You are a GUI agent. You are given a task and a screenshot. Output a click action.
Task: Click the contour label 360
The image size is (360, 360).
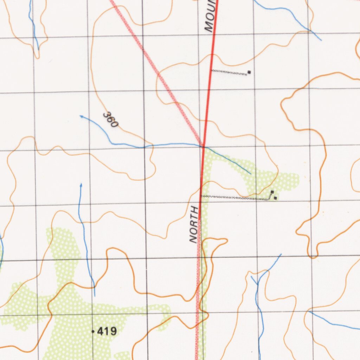(111, 120)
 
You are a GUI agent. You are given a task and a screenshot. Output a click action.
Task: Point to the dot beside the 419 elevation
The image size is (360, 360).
(93, 332)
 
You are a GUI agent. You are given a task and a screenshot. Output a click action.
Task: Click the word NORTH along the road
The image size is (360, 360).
(194, 225)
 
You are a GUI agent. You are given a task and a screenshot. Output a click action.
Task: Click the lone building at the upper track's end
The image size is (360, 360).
(249, 72)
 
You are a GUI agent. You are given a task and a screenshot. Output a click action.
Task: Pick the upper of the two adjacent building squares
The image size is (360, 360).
(272, 192)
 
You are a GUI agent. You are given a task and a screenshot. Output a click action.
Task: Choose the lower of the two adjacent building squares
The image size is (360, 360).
(275, 198)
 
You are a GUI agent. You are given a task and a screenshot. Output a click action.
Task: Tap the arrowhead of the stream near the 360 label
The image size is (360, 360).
(81, 116)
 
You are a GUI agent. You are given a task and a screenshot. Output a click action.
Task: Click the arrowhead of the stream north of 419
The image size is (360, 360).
(81, 184)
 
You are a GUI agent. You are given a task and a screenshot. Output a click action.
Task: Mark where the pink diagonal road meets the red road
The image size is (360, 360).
(203, 146)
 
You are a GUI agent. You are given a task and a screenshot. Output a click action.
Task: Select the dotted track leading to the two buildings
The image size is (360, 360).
(236, 198)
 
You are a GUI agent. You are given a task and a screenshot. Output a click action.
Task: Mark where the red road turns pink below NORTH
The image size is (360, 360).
(199, 219)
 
